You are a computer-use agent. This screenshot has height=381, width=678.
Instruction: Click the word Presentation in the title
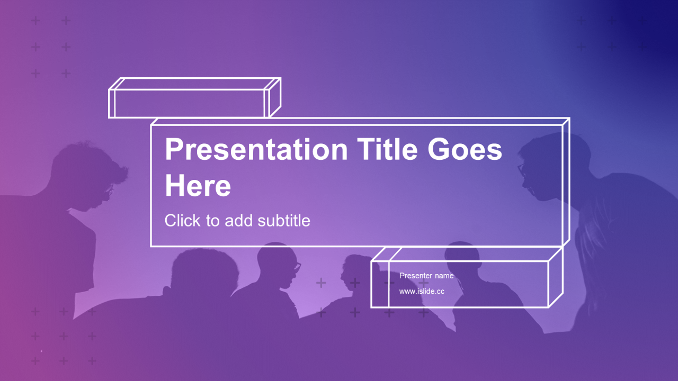(x=256, y=150)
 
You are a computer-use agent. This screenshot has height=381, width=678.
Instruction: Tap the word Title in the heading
(x=388, y=149)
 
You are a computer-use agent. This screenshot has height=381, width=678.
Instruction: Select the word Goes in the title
(x=465, y=149)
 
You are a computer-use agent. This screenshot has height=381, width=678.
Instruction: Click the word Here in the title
(x=198, y=185)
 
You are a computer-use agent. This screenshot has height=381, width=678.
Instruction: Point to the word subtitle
(x=284, y=221)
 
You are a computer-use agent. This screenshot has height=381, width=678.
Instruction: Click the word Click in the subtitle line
(x=182, y=221)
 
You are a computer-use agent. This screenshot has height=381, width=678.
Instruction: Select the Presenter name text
(x=426, y=276)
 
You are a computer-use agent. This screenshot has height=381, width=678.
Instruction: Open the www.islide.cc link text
(x=422, y=291)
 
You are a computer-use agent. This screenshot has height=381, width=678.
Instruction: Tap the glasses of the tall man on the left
(x=109, y=190)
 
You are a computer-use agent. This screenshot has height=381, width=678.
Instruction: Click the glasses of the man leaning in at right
(x=521, y=170)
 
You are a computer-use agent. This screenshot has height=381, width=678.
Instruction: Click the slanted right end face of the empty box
(x=274, y=97)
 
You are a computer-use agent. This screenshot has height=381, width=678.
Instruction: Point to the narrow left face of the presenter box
(x=380, y=284)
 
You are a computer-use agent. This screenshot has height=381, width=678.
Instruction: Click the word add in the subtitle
(x=238, y=221)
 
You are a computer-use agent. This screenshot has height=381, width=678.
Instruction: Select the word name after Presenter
(x=444, y=276)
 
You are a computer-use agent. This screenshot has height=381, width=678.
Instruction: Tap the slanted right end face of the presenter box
(x=556, y=278)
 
